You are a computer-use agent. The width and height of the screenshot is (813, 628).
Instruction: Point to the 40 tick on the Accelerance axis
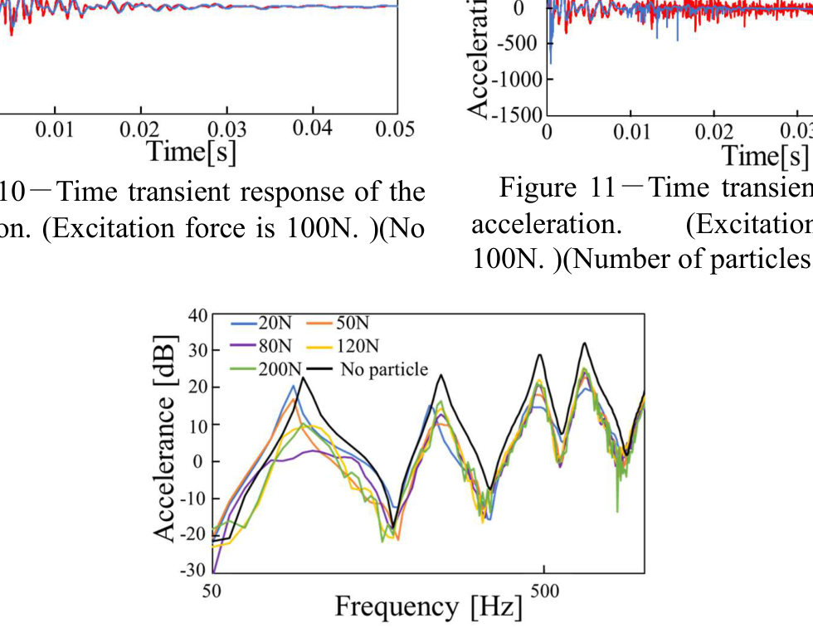point(197,315)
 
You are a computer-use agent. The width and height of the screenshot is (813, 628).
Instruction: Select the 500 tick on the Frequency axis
point(543,591)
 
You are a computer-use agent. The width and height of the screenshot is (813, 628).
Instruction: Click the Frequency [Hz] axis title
point(429,606)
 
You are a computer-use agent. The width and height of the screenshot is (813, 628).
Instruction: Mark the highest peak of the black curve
point(585,343)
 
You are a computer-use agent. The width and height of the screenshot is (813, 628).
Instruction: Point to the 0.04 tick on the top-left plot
point(312,129)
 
